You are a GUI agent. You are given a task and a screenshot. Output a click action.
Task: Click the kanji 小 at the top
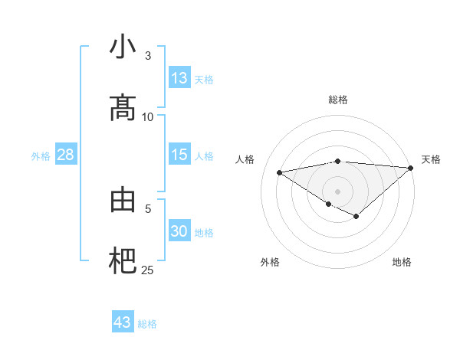pos(123,47)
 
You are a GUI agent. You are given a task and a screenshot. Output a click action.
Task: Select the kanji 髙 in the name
pos(123,107)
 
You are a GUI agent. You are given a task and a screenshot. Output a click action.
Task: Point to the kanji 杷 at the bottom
pos(123,261)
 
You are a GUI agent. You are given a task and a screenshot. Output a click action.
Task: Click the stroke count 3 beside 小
pos(148,56)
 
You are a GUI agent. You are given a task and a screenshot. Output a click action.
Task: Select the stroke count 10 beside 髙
pos(148,116)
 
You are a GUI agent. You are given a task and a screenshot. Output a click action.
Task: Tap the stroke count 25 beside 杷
pos(148,270)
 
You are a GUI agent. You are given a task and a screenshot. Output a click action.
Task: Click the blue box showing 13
pos(179,78)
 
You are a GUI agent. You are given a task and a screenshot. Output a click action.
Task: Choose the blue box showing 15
pos(179,155)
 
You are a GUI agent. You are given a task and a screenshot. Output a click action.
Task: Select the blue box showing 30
pos(179,231)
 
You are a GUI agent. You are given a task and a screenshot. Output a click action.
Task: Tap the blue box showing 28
pos(66,155)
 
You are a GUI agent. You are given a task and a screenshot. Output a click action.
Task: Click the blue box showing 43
pos(123,322)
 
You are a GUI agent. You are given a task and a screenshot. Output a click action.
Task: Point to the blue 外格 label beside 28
pos(41,155)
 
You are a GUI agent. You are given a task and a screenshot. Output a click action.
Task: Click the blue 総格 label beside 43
pos(147,324)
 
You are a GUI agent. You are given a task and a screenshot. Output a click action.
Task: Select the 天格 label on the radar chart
pos(431,159)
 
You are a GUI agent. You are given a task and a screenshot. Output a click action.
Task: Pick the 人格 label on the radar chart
pos(245,159)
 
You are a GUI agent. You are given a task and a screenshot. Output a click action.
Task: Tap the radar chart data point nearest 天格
pos(411,168)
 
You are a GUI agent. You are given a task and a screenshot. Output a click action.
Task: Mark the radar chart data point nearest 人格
pos(279,172)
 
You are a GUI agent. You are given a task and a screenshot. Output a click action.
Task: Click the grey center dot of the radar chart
pos(337,191)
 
